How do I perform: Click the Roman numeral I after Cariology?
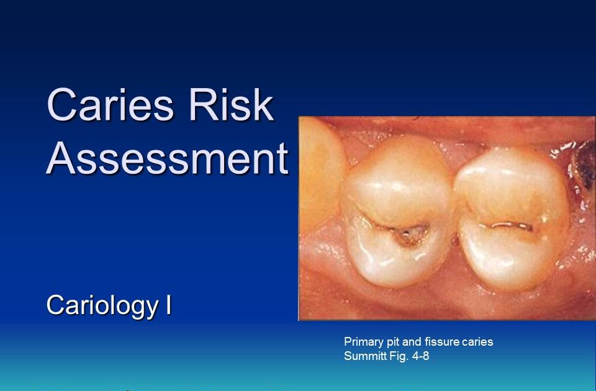click(x=168, y=305)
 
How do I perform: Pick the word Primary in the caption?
click(x=363, y=341)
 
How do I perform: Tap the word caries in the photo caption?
click(x=476, y=341)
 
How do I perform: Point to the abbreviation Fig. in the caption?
click(x=399, y=356)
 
